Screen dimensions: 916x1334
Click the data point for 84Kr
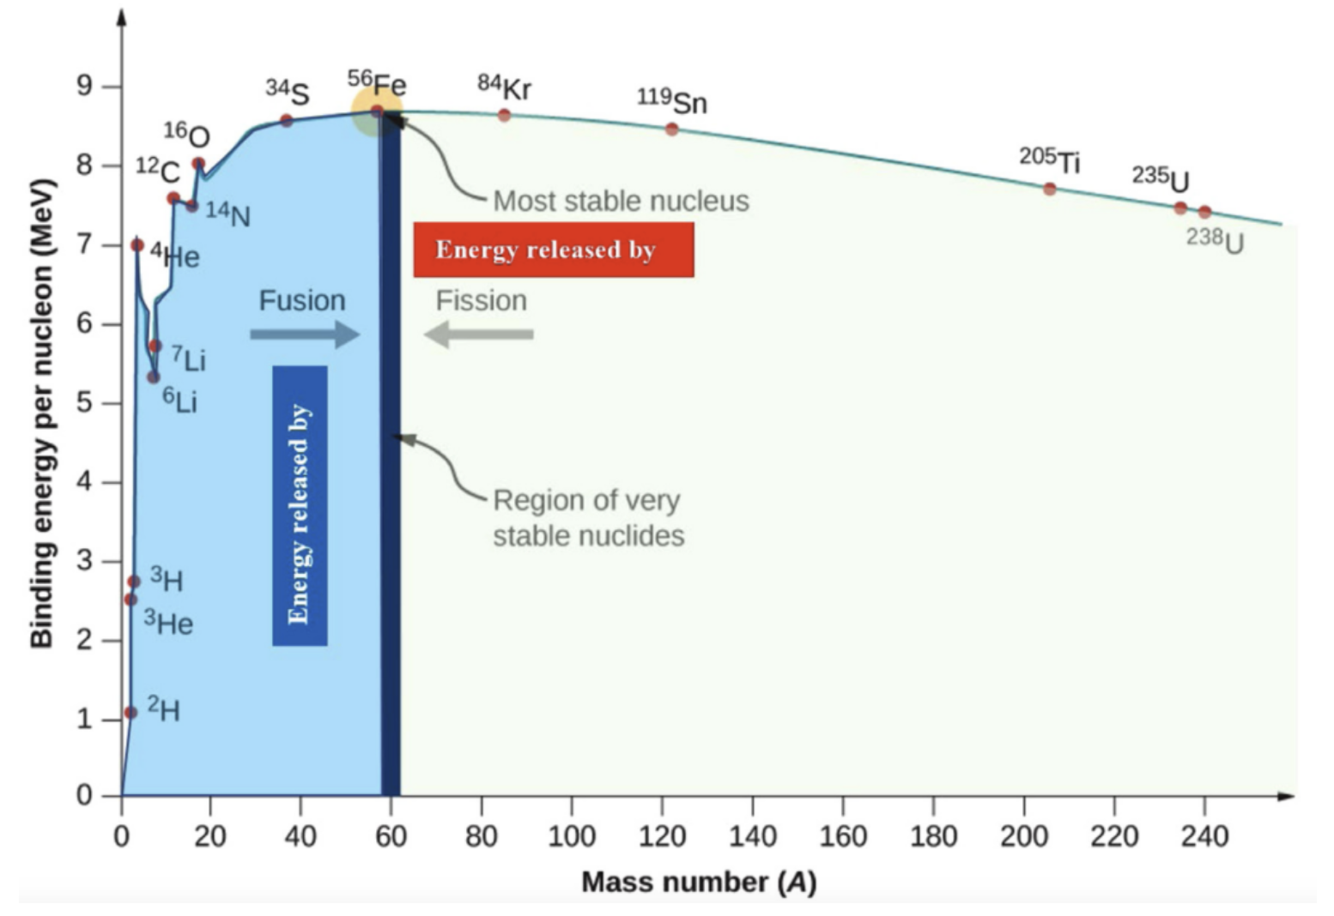pos(504,115)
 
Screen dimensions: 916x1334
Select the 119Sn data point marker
pos(671,130)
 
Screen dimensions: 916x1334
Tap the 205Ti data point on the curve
pos(1049,189)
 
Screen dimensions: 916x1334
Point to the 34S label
pos(288,91)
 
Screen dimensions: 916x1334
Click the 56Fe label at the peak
pos(377,83)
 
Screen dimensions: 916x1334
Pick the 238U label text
pos(1215,241)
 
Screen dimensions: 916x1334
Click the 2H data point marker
pos(130,713)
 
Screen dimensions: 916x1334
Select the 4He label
pos(175,256)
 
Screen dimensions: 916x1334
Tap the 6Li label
pos(180,401)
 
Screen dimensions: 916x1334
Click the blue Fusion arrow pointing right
pos(305,334)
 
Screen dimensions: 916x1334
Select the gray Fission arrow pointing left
pos(479,334)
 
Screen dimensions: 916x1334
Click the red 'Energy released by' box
pos(554,250)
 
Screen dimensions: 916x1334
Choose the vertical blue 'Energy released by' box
pos(300,506)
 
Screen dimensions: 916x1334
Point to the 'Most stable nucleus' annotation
pos(621,201)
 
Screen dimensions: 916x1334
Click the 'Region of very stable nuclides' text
pos(588,517)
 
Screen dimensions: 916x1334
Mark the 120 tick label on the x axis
pos(662,835)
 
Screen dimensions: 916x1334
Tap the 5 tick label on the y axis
pos(83,402)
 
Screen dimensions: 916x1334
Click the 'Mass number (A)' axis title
pos(699,882)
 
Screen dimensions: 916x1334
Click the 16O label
pos(186,135)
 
